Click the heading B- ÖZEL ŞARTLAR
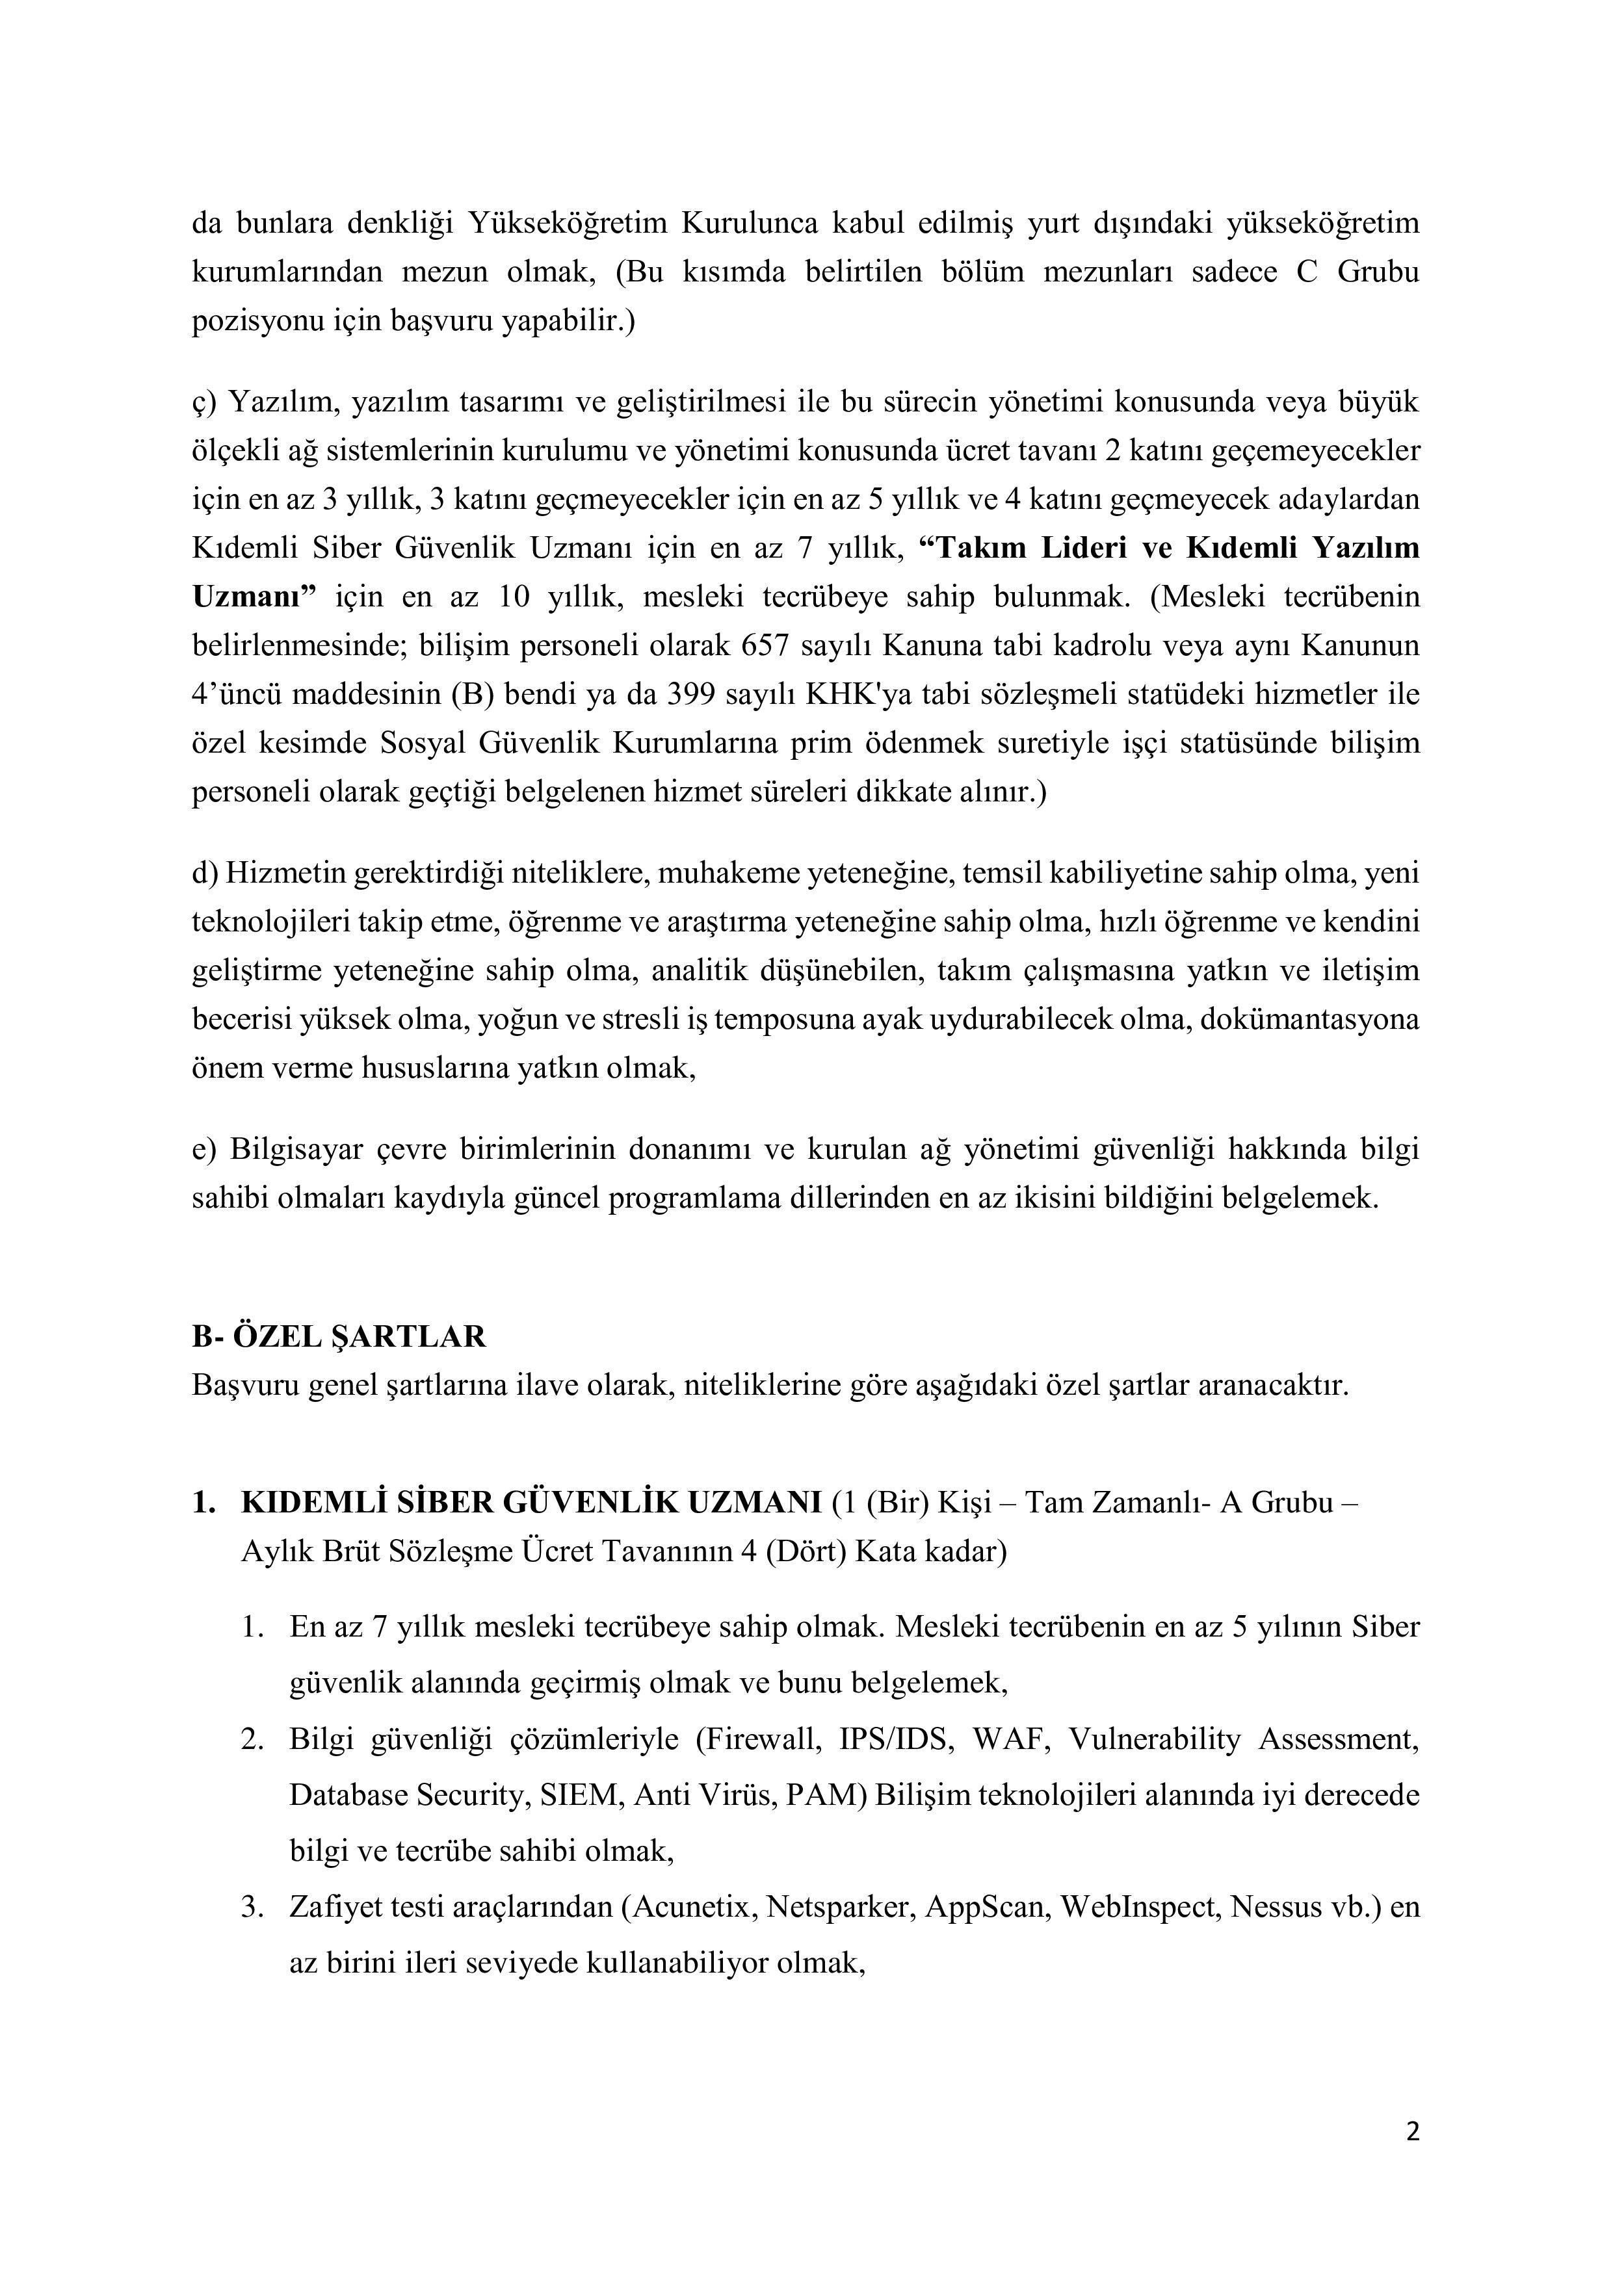(339, 1337)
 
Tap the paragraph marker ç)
(203, 402)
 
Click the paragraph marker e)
(203, 1149)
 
